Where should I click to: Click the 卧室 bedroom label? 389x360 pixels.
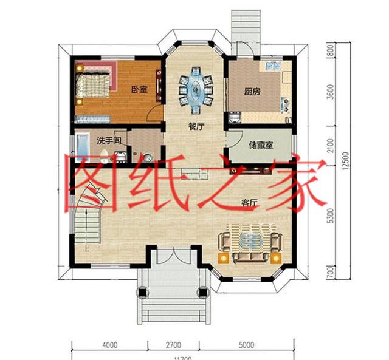pyautogui.click(x=139, y=89)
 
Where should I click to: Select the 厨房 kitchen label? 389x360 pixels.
pyautogui.click(x=252, y=92)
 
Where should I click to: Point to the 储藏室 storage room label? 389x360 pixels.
pyautogui.click(x=260, y=145)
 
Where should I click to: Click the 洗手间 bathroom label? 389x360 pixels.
pyautogui.click(x=110, y=140)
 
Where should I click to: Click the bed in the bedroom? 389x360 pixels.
pyautogui.click(x=94, y=83)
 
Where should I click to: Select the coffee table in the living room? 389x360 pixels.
pyautogui.click(x=250, y=240)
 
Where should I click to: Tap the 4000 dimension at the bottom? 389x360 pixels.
pyautogui.click(x=109, y=347)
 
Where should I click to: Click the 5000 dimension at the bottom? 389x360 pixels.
pyautogui.click(x=246, y=347)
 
